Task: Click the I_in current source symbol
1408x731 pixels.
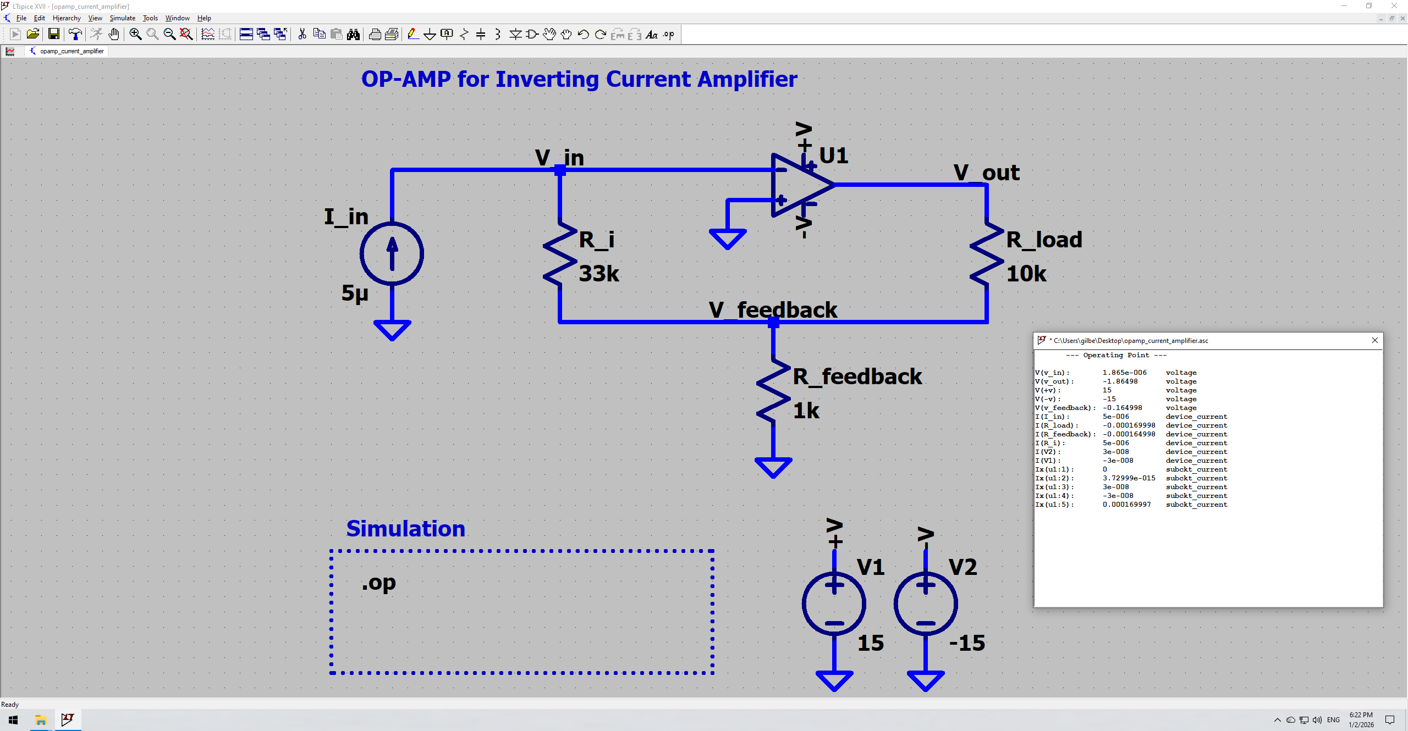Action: coord(392,253)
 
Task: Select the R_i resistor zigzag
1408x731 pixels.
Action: coord(560,253)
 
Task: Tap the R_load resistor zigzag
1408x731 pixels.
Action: coord(987,253)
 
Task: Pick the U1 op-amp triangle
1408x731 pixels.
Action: coord(800,185)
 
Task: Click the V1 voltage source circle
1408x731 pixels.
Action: coord(834,603)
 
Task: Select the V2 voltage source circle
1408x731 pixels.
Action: coord(926,603)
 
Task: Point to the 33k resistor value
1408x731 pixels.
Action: coord(599,274)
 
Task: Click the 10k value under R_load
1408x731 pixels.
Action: coord(1026,274)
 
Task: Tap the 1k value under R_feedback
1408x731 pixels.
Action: coord(806,411)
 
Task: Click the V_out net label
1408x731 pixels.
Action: coord(986,173)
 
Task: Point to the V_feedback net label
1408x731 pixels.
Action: coord(773,310)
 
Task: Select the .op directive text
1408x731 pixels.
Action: coord(379,582)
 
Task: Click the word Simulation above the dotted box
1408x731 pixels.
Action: coord(405,529)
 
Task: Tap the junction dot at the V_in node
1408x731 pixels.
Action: coord(560,170)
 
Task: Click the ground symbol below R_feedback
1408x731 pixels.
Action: coord(773,467)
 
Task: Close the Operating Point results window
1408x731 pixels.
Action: coord(1374,340)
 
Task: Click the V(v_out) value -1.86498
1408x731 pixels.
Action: coord(1120,381)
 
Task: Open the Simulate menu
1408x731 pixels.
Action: coord(122,18)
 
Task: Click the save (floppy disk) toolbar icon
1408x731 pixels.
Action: coord(54,35)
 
